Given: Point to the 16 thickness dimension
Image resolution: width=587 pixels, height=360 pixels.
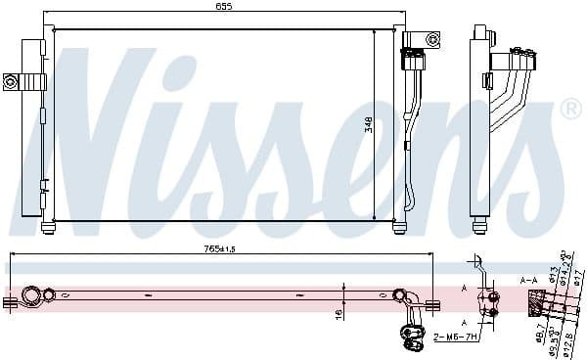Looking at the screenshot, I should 338,315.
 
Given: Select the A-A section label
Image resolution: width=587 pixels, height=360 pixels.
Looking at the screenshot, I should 528,281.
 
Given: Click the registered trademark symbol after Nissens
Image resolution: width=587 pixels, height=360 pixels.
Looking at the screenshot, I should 570,111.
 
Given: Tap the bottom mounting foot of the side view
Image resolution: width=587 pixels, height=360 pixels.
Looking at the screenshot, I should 479,227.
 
